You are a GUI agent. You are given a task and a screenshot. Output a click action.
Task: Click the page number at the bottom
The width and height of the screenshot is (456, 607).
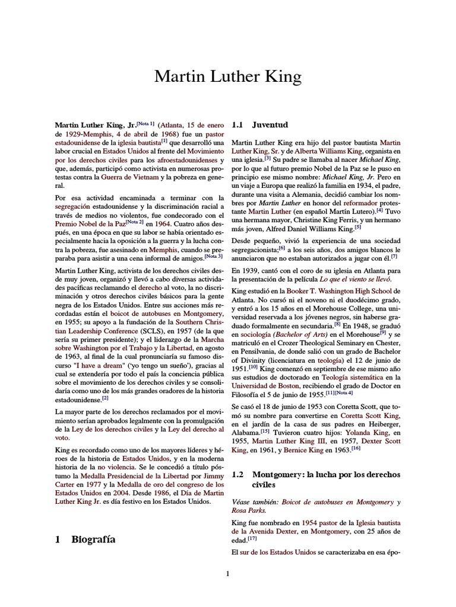tap(227, 573)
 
